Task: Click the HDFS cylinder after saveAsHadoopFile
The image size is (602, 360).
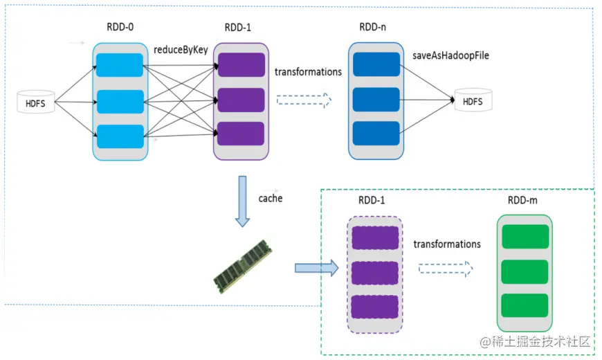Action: click(x=473, y=101)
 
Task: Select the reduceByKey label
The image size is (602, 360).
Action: click(x=181, y=50)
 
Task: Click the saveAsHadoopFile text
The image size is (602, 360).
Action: click(x=450, y=55)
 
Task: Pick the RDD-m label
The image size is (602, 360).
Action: click(x=524, y=201)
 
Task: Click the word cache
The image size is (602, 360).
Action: click(x=271, y=198)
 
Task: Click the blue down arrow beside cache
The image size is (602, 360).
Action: click(x=242, y=201)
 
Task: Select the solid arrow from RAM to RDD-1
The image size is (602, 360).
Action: click(x=315, y=267)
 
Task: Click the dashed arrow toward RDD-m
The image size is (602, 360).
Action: click(x=445, y=268)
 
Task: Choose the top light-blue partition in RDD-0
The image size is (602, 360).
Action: click(x=120, y=65)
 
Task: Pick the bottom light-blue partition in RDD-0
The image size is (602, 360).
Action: click(x=120, y=135)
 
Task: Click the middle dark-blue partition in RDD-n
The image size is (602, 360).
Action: click(x=376, y=98)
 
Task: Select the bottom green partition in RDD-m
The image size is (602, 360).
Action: click(x=524, y=305)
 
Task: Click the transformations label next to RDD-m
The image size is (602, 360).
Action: click(x=447, y=244)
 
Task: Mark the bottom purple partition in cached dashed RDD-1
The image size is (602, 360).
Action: click(x=375, y=306)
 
